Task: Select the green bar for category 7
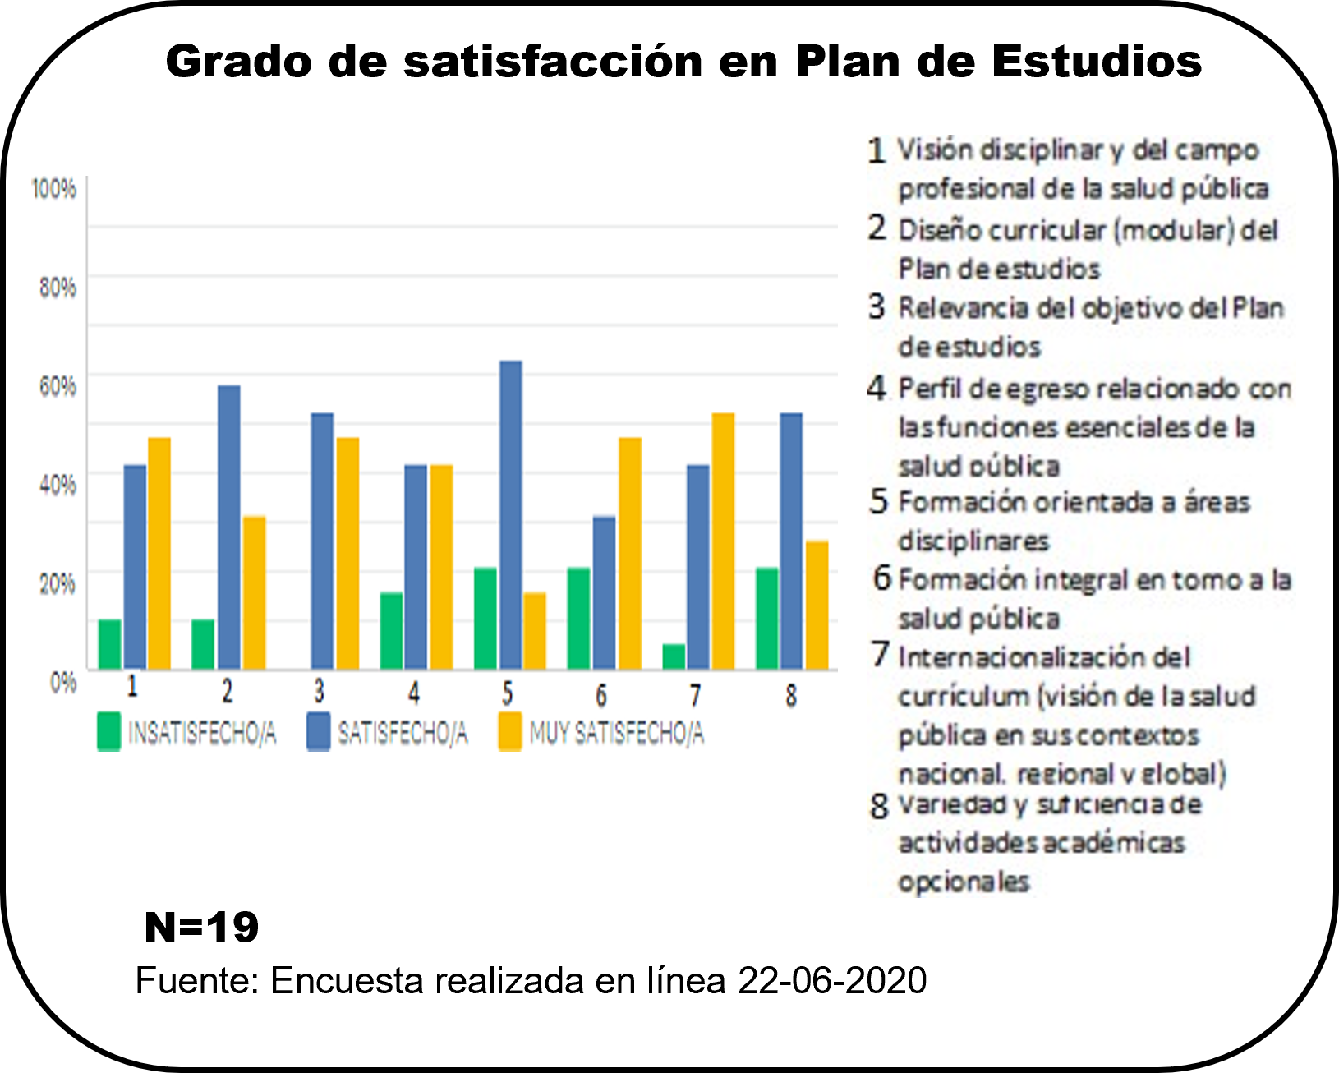[674, 657]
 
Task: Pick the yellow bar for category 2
[254, 592]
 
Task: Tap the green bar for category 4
[391, 631]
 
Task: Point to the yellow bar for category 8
[817, 606]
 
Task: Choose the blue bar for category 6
[604, 592]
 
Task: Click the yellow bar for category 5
[535, 631]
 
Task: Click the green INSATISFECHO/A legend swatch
[108, 731]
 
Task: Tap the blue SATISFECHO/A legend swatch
[318, 731]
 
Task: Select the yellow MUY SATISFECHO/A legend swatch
[510, 731]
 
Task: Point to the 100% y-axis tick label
[54, 189]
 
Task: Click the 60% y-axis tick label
[58, 385]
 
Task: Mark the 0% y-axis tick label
[63, 682]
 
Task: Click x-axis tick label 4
[414, 694]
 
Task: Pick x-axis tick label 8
[790, 696]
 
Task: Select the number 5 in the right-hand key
[879, 501]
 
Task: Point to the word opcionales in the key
[963, 882]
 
